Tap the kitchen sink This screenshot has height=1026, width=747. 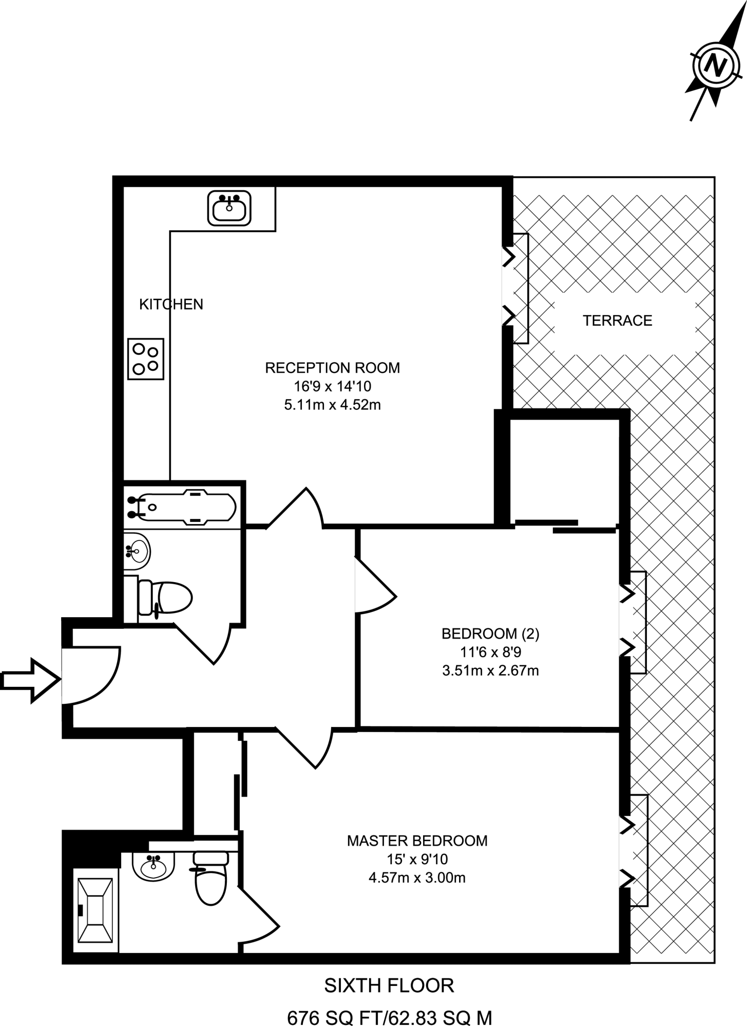229,208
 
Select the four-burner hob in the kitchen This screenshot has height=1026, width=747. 146,359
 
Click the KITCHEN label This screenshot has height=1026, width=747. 171,304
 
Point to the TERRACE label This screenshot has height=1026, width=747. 617,321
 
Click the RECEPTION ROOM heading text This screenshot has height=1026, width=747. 332,368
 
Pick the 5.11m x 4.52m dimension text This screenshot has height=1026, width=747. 332,405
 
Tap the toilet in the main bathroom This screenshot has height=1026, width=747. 165,597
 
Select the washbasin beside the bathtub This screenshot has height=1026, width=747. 137,552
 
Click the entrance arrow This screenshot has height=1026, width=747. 31,680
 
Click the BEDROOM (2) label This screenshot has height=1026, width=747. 490,634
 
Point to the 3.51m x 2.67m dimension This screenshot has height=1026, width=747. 490,670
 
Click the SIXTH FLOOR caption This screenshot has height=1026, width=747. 389,985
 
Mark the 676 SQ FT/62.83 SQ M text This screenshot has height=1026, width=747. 389,1017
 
